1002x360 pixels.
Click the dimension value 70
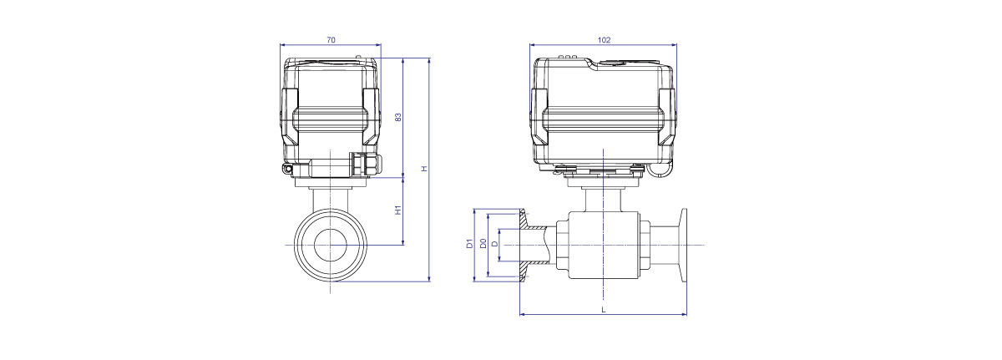(331, 40)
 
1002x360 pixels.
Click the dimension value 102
(604, 40)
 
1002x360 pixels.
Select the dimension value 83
(398, 117)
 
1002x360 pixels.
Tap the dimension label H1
(398, 210)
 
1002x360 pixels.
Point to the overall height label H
(424, 169)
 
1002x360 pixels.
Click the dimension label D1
(469, 244)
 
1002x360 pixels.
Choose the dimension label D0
(483, 244)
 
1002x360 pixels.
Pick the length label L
(604, 309)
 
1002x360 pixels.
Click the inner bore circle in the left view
(315, 245)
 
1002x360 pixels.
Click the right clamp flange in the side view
(683, 245)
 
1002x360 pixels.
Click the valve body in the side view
(603, 245)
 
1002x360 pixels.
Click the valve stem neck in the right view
(603, 200)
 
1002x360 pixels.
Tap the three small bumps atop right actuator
(566, 57)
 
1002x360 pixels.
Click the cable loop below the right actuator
(660, 171)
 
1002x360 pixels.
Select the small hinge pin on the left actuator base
(287, 168)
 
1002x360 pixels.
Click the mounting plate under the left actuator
(331, 182)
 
